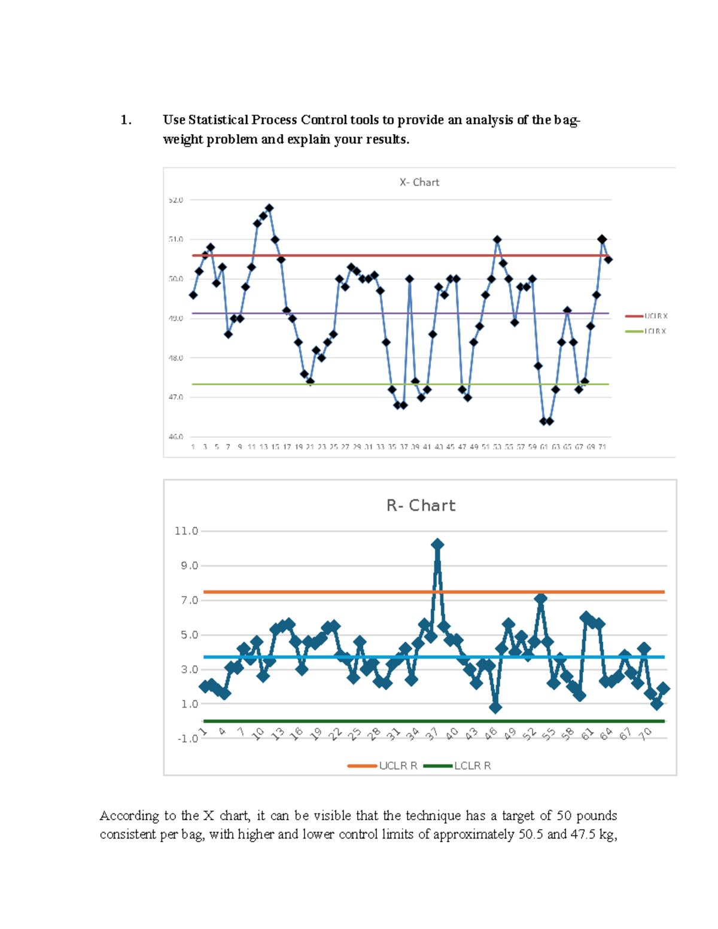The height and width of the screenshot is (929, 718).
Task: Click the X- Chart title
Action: tap(419, 182)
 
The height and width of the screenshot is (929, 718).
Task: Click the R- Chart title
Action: tap(421, 505)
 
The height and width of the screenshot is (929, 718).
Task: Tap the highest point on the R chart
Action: tap(437, 544)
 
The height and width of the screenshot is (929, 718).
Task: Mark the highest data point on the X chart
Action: tap(269, 208)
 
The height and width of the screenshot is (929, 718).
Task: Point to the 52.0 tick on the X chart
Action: tap(176, 200)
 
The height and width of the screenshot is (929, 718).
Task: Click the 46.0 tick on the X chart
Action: tap(176, 437)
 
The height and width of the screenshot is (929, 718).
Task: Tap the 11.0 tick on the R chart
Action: tap(186, 531)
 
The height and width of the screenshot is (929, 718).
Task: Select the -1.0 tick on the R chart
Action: tap(187, 739)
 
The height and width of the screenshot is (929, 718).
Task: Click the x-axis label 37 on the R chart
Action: tap(432, 734)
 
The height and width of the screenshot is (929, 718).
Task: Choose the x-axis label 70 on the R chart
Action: tap(644, 734)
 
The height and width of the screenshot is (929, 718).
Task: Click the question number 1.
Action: tap(126, 120)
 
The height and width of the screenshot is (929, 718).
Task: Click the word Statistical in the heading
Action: tap(218, 120)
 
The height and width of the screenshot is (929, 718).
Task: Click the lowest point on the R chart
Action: tap(495, 708)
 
